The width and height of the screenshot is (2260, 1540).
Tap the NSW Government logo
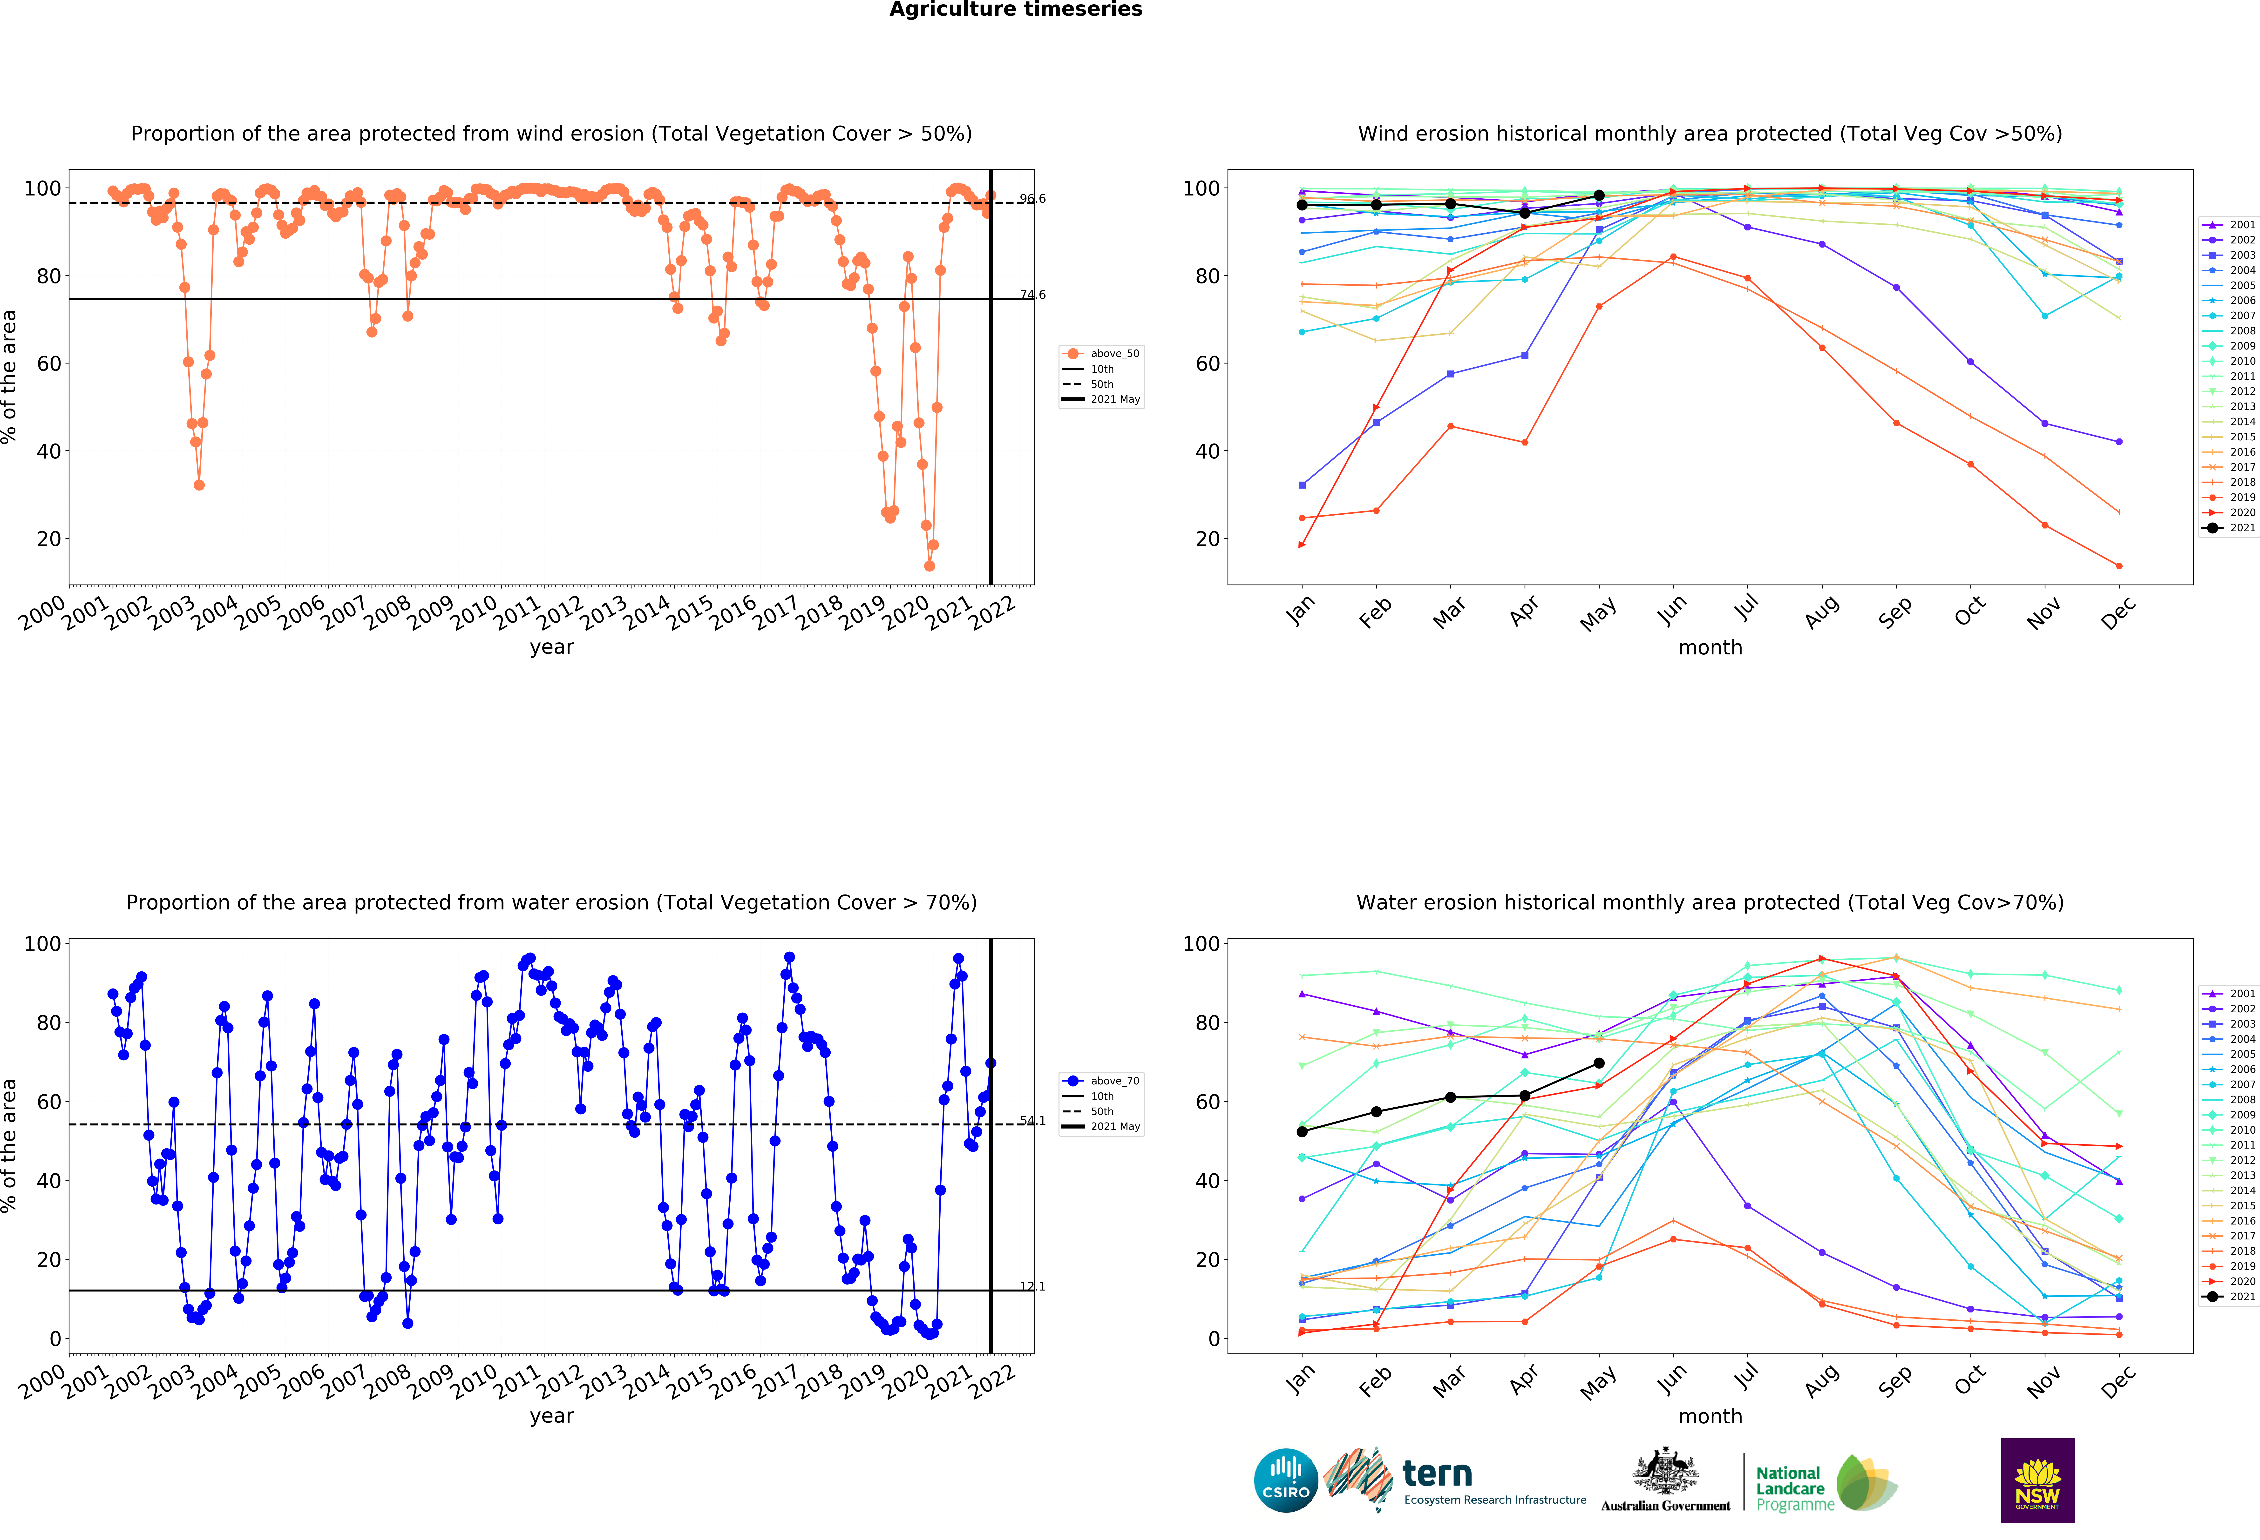pyautogui.click(x=2037, y=1480)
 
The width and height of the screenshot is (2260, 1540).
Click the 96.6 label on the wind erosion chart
pyautogui.click(x=1032, y=199)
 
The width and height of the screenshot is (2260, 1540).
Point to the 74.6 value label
pyautogui.click(x=1032, y=295)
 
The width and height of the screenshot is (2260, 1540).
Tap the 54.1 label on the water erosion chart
pyautogui.click(x=1032, y=1121)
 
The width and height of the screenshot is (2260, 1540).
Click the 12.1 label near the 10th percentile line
pyautogui.click(x=1032, y=1286)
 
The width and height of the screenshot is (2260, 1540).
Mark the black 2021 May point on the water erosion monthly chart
pyautogui.click(x=1599, y=1064)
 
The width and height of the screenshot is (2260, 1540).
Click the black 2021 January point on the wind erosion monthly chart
pyautogui.click(x=1302, y=205)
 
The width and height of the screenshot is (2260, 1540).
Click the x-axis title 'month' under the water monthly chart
pyautogui.click(x=1710, y=1417)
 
